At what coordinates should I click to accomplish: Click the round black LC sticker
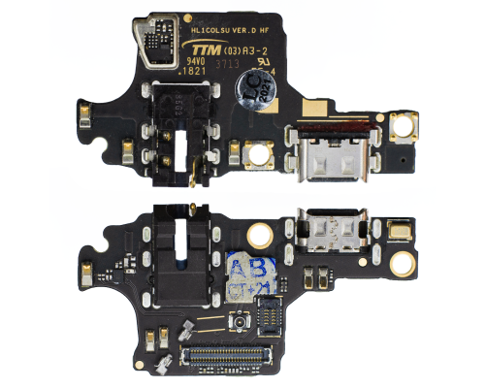pos(253,90)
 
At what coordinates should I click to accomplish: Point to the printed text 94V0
pos(197,60)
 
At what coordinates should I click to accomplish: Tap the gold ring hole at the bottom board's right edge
pos(400,262)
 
